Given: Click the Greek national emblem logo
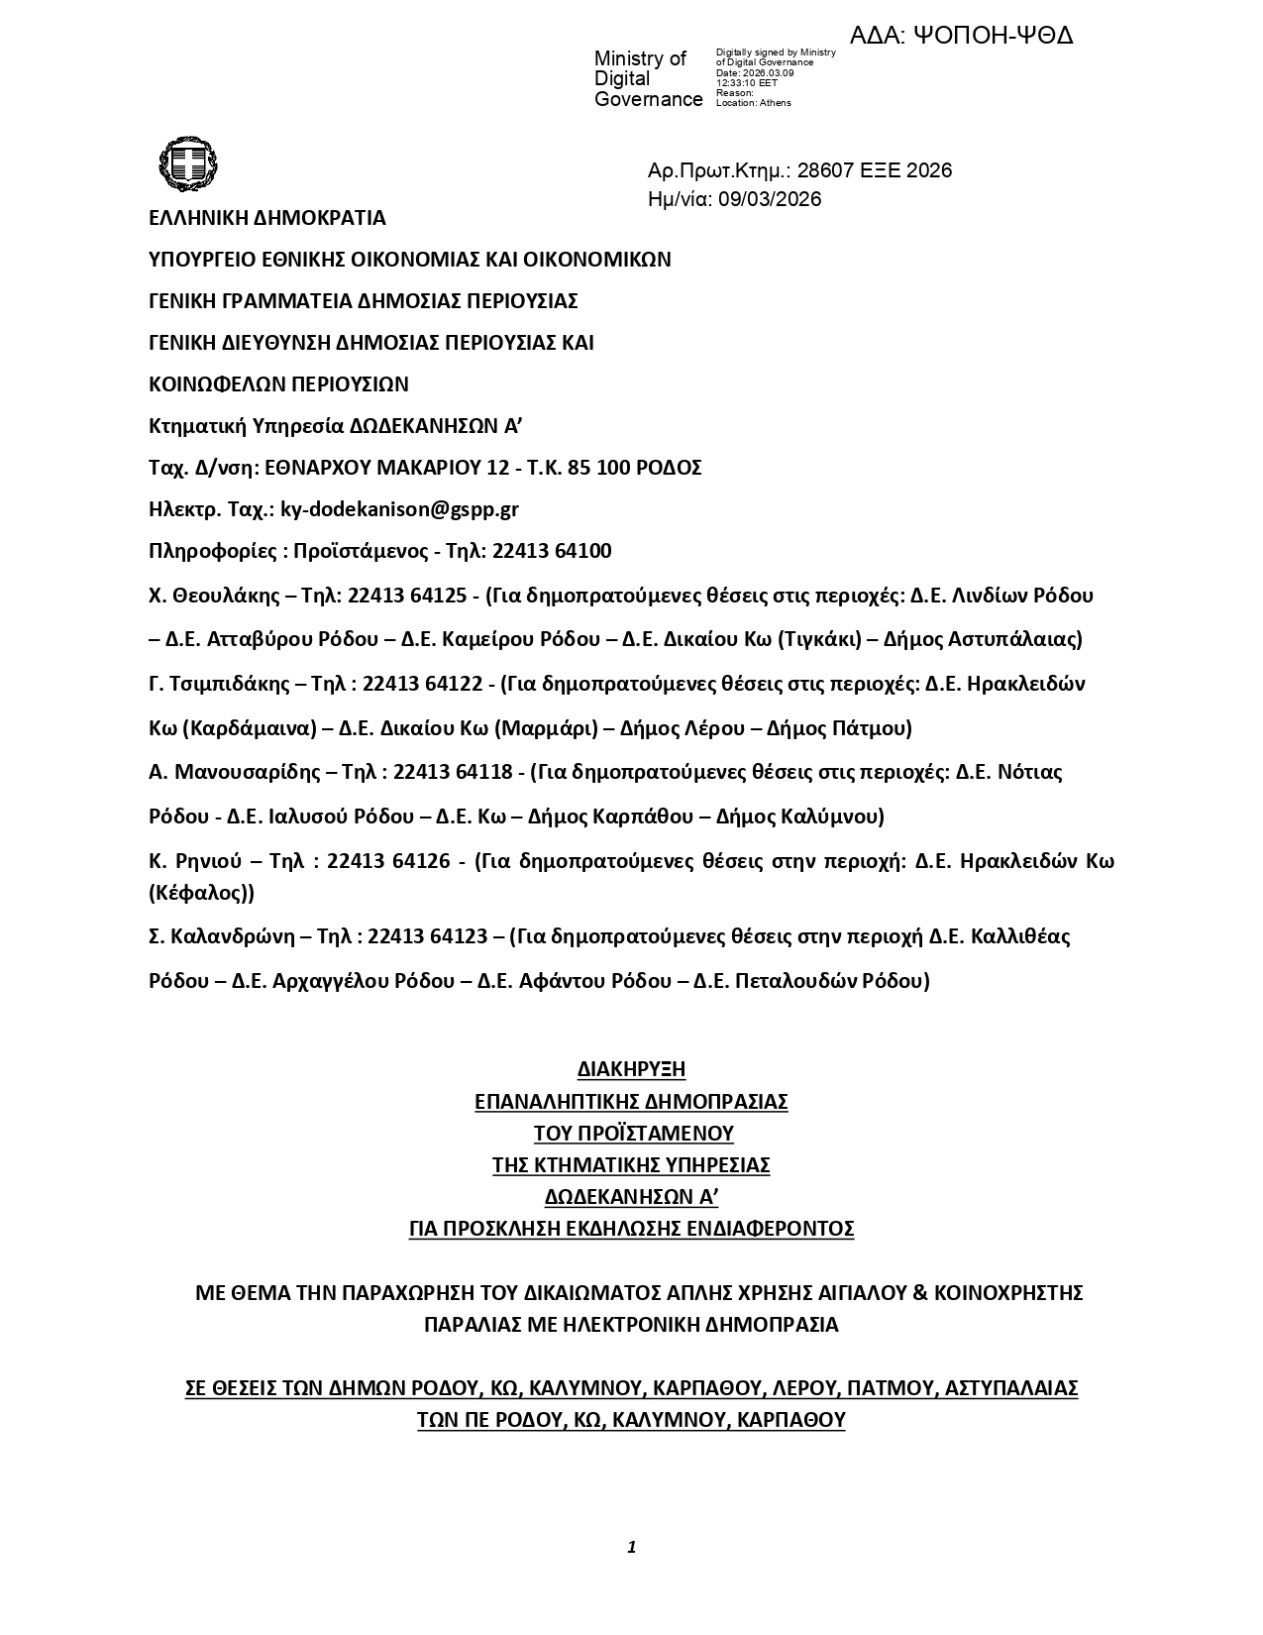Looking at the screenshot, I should [187, 163].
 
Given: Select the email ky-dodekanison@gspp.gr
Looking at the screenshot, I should [399, 509].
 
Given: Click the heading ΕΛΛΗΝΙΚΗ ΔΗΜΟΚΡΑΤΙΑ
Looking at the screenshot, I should [267, 218].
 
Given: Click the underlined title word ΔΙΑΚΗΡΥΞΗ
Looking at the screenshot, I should [631, 1069].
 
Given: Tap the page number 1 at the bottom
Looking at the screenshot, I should [631, 1547].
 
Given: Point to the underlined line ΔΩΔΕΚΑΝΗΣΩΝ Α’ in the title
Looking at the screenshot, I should [631, 1197].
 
